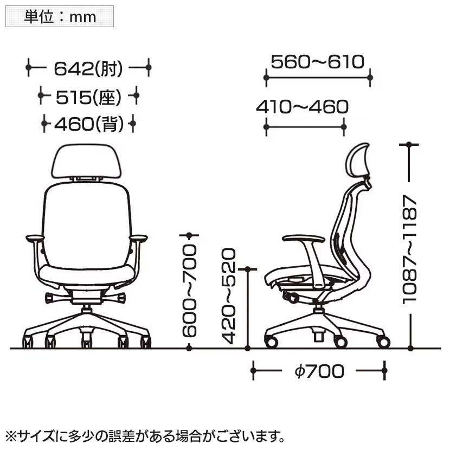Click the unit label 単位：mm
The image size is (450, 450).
[60, 17]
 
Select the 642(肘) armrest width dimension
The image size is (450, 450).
[88, 68]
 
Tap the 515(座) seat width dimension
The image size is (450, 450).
[88, 97]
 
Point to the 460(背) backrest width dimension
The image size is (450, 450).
[89, 124]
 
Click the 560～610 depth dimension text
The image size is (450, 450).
[317, 61]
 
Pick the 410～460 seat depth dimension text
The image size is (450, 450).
[302, 106]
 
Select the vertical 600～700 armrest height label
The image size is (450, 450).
[189, 291]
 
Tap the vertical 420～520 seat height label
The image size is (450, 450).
[229, 296]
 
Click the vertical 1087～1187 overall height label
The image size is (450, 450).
[409, 249]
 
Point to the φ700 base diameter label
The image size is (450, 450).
[319, 371]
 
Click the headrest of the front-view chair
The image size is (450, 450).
[86, 161]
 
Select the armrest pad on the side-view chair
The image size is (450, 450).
[304, 239]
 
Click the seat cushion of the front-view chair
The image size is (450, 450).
[87, 275]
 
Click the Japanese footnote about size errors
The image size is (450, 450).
[145, 436]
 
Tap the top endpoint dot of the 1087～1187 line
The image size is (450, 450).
[409, 144]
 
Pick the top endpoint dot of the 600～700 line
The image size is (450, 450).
[189, 235]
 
